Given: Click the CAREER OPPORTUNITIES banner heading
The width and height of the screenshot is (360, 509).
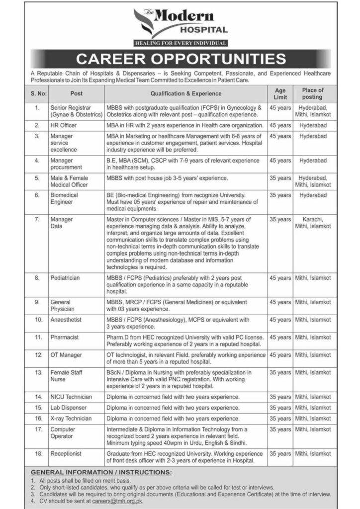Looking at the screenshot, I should click(180, 59).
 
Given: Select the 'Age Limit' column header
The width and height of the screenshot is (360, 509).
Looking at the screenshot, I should click(280, 93).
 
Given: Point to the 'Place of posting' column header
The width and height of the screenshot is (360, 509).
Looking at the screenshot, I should click(312, 93).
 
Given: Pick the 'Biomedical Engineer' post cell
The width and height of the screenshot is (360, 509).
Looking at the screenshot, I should click(64, 199).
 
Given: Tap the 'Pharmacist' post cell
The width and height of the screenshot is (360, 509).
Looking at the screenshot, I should click(64, 337).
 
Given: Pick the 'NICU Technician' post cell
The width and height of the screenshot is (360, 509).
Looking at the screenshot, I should click(71, 397).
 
